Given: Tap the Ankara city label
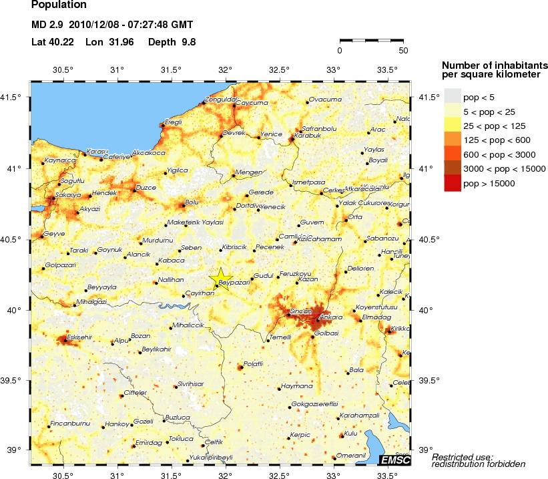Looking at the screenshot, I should click(x=332, y=317).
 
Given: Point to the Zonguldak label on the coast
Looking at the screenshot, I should click(x=222, y=100).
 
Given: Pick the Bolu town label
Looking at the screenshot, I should click(x=192, y=201).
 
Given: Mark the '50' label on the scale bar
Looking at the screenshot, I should click(x=402, y=50).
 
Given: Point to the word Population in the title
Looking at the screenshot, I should click(x=59, y=5).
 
